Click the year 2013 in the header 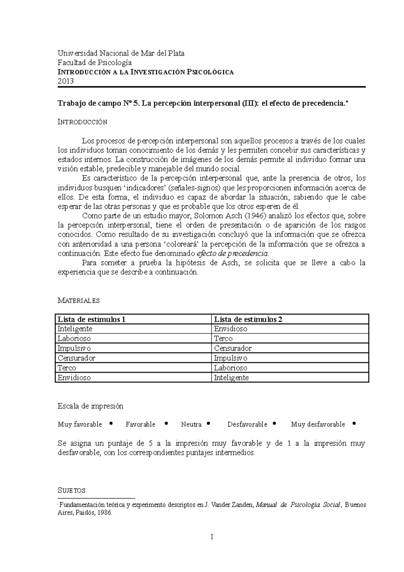pos(65,81)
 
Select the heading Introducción pos(82,122)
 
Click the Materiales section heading pos(78,300)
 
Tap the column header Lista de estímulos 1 pos(91,319)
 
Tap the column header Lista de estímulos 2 pos(248,319)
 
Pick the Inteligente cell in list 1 pos(75,329)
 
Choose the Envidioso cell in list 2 pos(231,329)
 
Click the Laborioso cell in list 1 pos(74,339)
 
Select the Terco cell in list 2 pos(223,339)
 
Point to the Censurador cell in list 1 pos(76,358)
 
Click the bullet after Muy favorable pos(111,424)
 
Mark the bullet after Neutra pos(209,424)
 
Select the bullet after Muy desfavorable pos(353,424)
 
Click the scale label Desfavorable pos(247,424)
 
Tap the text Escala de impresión pos(91,406)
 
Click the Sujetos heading pos(71,490)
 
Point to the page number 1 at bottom pos(212,537)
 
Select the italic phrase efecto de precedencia pos(233,253)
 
